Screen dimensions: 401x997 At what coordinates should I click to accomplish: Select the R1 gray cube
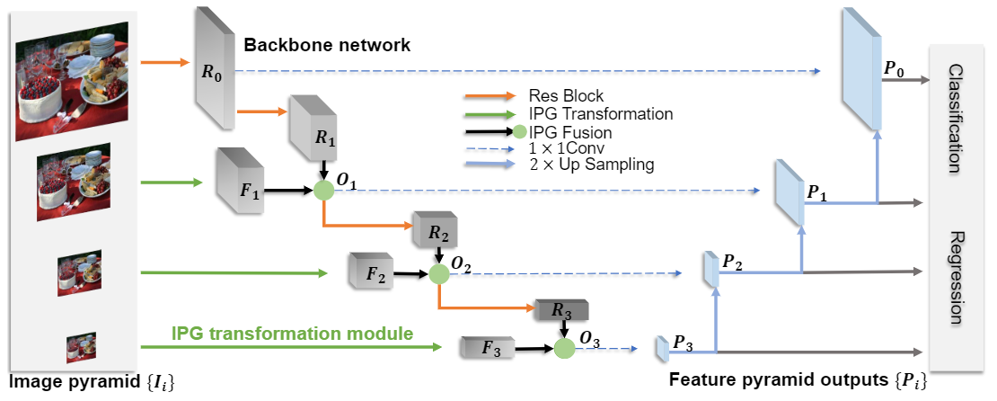pos(307,136)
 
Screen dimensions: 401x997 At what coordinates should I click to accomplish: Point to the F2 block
pos(371,271)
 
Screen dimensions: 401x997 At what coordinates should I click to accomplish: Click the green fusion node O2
pos(439,272)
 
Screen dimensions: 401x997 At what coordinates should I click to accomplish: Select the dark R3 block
pos(560,311)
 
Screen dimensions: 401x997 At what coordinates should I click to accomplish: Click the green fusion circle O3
pos(564,348)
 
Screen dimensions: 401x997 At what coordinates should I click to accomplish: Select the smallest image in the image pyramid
pos(80,346)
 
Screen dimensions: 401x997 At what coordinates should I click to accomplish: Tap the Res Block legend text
pos(566,95)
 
